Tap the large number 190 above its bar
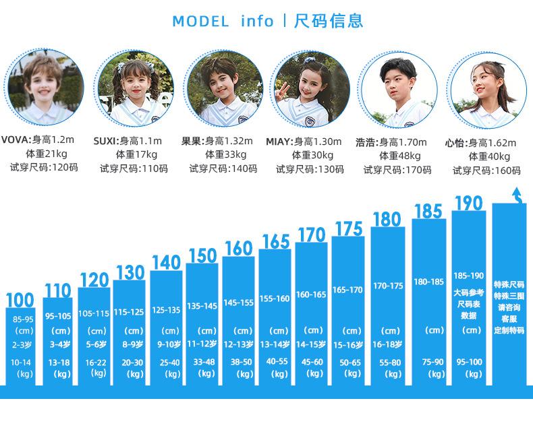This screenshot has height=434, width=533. click(x=468, y=203)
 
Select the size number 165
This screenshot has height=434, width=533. click(x=275, y=241)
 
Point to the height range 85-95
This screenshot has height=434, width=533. click(x=23, y=319)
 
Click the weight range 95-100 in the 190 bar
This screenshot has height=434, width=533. click(x=469, y=362)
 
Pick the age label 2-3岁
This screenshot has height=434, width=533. click(x=24, y=344)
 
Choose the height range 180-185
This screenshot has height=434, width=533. click(x=429, y=282)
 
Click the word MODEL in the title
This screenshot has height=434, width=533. click(x=200, y=21)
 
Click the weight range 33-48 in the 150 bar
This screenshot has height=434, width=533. click(x=203, y=361)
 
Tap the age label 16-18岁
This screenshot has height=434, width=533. click(x=388, y=344)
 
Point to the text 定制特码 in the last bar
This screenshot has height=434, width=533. click(x=509, y=331)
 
